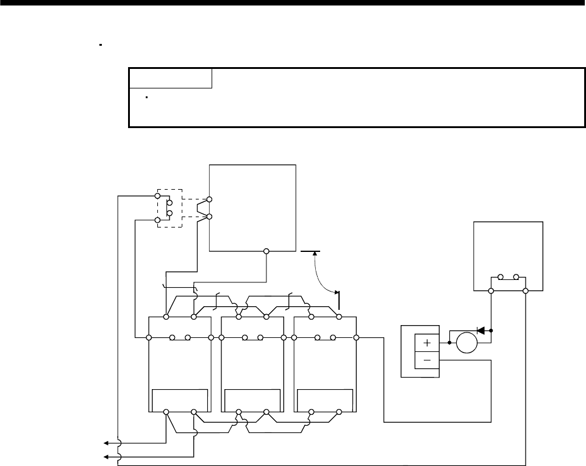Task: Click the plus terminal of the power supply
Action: pos(427,343)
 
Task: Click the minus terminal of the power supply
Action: pos(427,360)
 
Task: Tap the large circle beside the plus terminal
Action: pos(467,343)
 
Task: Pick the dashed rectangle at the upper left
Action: pos(170,208)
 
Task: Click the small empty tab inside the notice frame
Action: pos(170,79)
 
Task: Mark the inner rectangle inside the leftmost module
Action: pos(180,400)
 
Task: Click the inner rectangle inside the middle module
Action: pos(252,400)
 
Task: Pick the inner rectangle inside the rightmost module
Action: pos(325,400)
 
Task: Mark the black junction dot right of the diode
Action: pos(491,331)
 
